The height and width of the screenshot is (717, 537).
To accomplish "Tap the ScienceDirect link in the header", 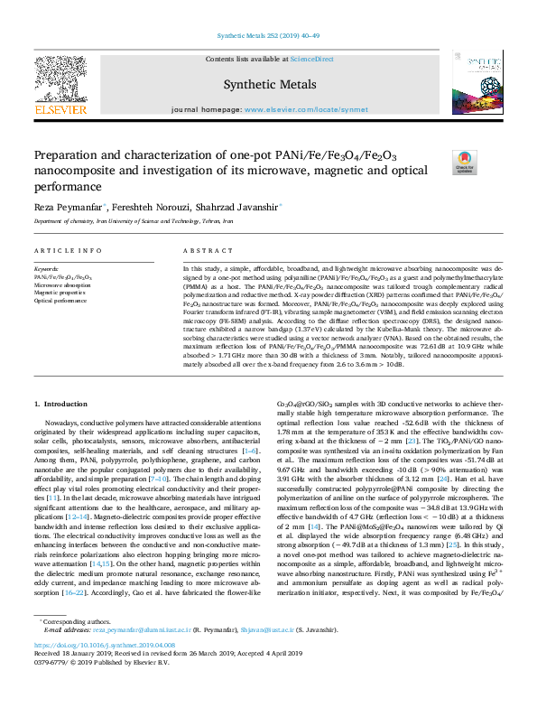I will pos(312,59).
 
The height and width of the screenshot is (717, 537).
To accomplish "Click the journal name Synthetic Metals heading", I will pos(269,84).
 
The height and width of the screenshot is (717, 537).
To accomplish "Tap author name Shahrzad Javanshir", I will pos(242,208).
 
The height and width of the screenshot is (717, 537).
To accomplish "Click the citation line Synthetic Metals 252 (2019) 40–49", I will pos(268,36).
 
